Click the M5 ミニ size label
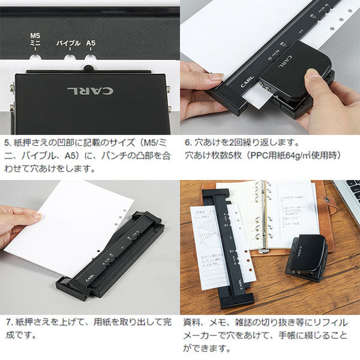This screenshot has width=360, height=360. (x=35, y=39)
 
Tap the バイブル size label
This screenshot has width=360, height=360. (x=68, y=43)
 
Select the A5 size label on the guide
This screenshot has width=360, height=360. (x=91, y=43)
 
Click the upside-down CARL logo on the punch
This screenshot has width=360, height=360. (x=90, y=91)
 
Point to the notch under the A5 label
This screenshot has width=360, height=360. (x=91, y=57)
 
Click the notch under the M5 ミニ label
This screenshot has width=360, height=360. (x=35, y=57)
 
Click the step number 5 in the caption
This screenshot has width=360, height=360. (x=7, y=143)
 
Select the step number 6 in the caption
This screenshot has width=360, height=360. (x=188, y=143)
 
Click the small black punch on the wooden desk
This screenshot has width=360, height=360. (x=306, y=258)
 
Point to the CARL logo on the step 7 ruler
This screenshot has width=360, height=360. (x=89, y=278)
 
